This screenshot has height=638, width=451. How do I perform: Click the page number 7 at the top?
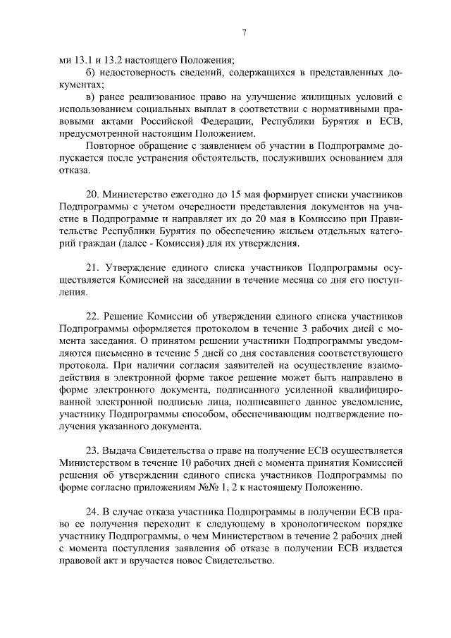coord(243,32)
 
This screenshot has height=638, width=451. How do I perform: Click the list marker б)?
coord(89,73)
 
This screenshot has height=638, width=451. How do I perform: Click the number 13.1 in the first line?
coord(82,61)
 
